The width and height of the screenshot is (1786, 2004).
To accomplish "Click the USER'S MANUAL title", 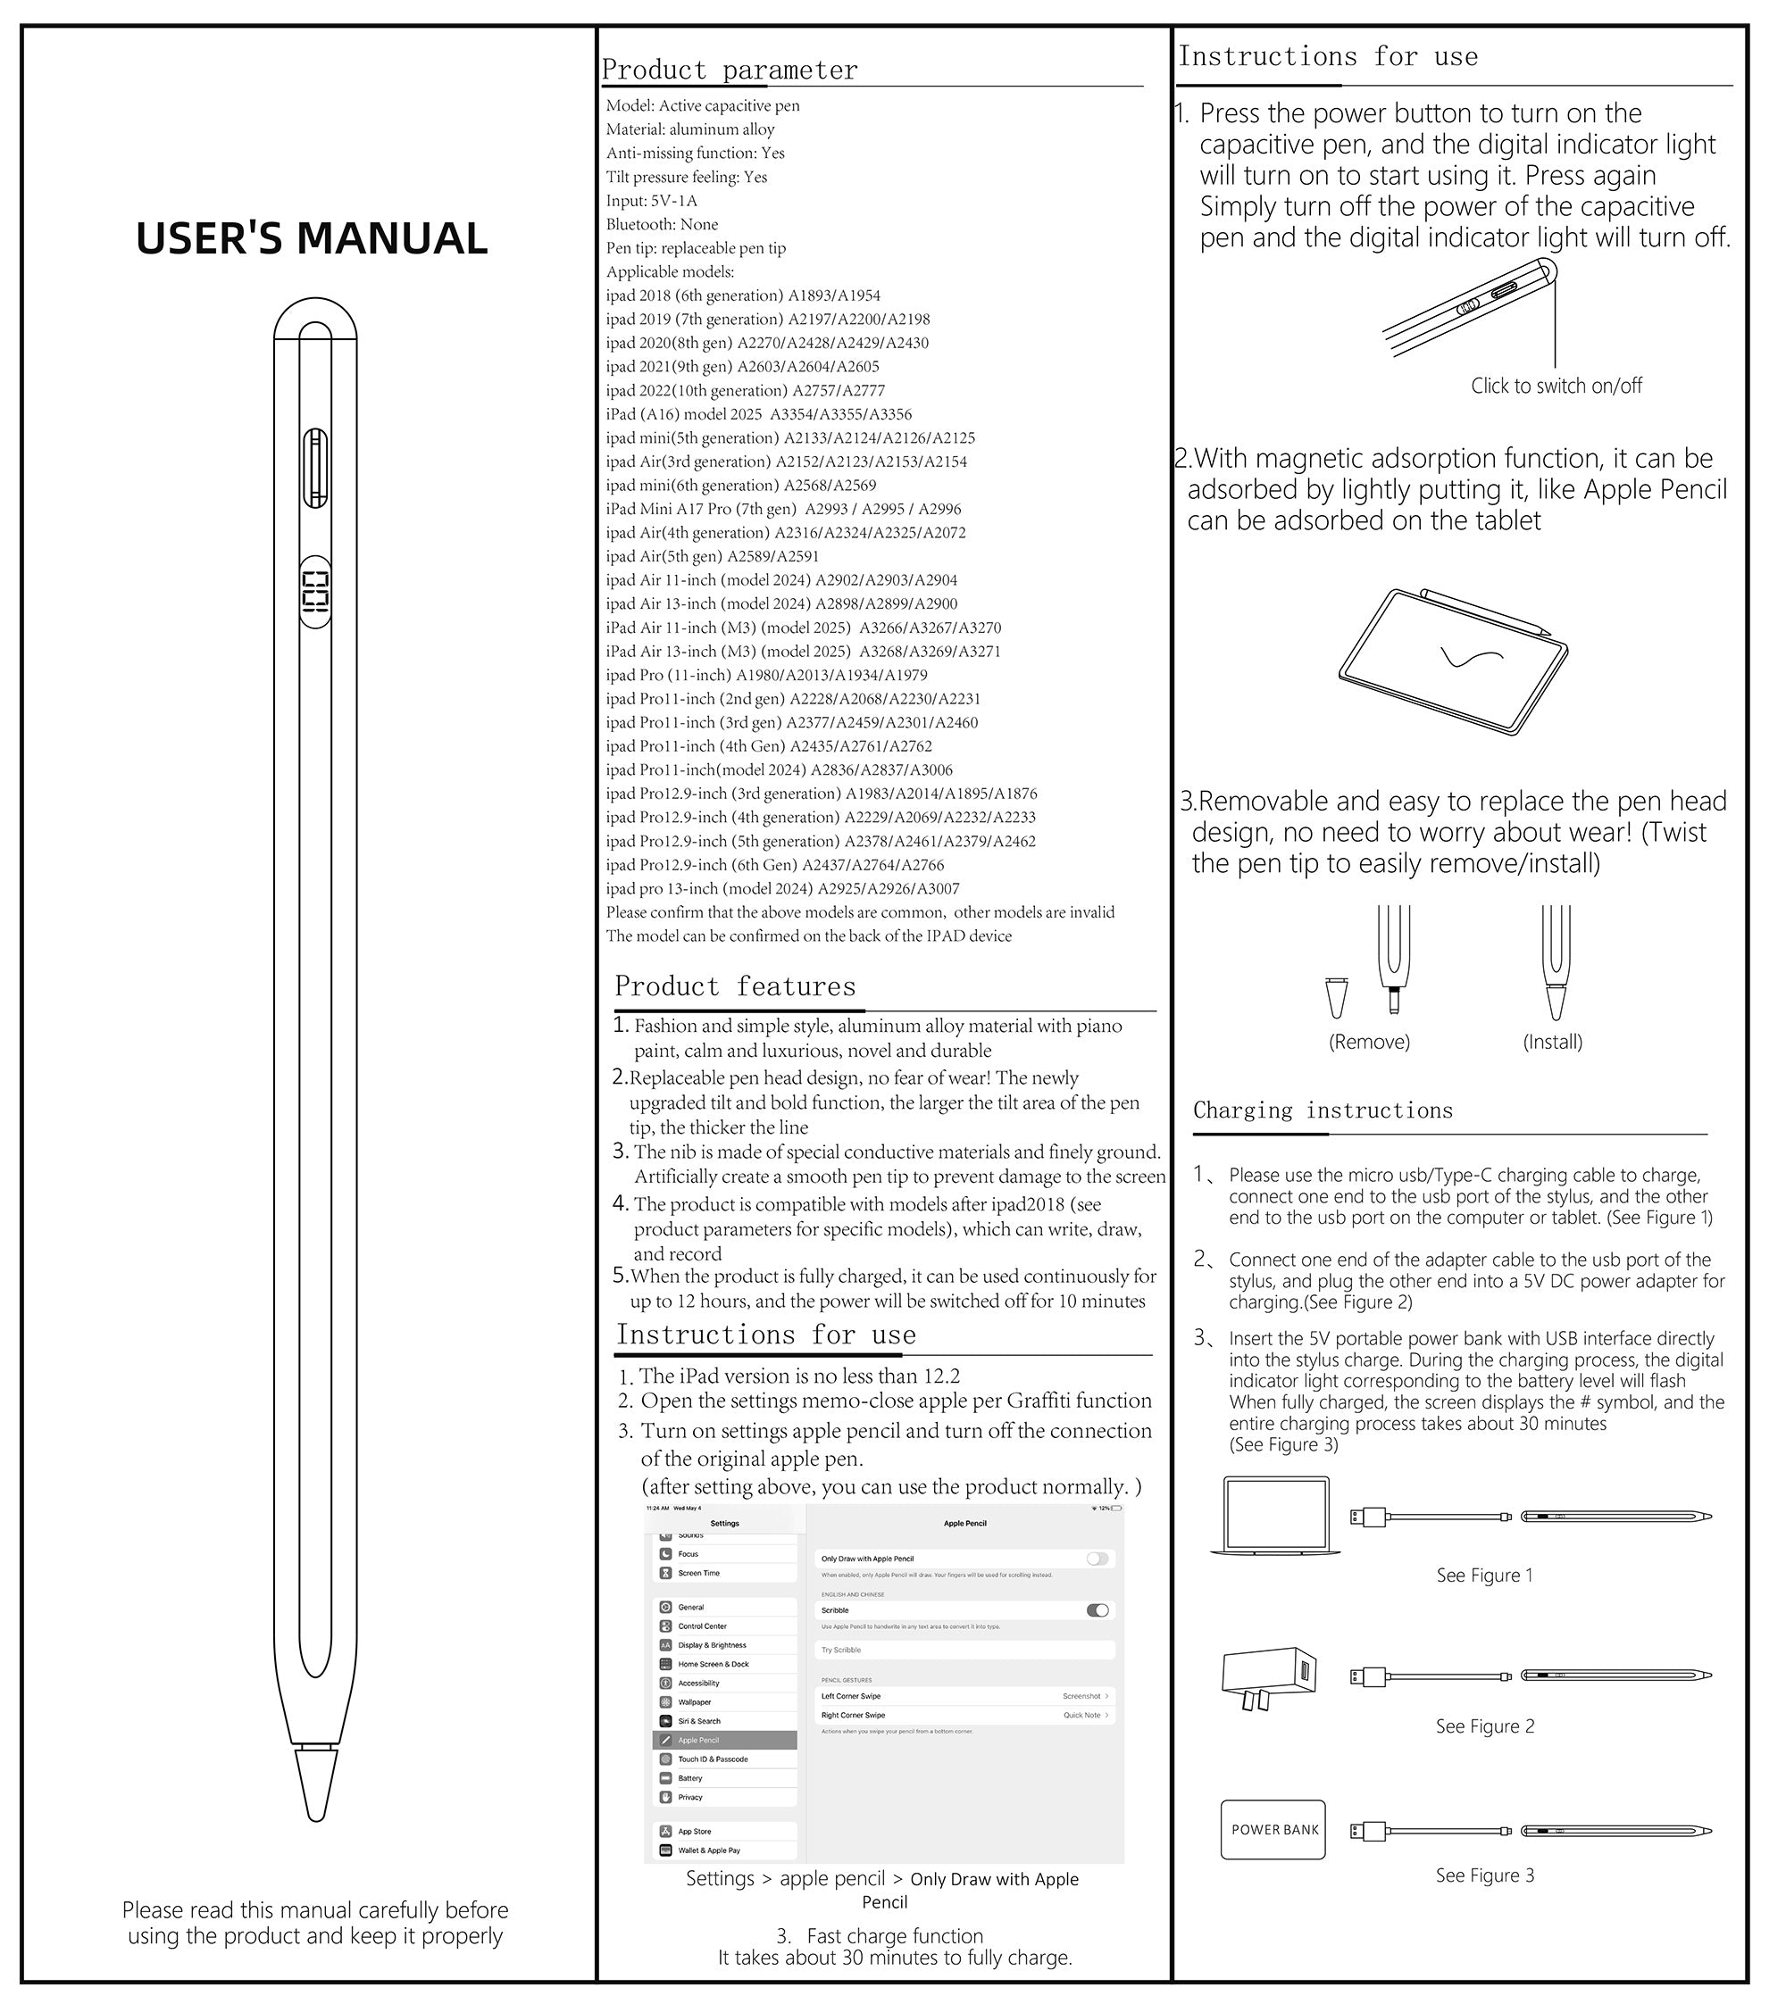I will coord(311,238).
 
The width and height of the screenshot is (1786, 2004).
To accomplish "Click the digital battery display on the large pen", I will coord(315,597).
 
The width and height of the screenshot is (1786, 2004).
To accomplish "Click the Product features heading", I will coord(735,985).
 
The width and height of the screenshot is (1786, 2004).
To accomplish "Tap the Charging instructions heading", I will coord(1322,1110).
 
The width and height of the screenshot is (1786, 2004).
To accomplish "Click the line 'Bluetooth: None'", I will coord(662,225).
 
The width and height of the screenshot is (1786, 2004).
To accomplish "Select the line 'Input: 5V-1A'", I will coord(652,201).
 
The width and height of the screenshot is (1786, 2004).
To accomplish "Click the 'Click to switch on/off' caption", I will coord(1556,386).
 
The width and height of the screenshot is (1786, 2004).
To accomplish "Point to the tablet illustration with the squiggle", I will coord(1452,662).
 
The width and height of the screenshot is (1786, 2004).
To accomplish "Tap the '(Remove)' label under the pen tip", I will coord(1369,1042).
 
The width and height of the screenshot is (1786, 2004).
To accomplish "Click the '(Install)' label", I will coord(1552,1042).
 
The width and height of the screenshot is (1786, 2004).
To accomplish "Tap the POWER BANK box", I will coord(1273,1829).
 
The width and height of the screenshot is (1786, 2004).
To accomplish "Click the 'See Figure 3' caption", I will coord(1484,1875).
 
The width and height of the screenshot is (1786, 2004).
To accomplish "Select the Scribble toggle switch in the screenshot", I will coord(1097,1609).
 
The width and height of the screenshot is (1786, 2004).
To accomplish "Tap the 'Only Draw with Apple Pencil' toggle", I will coord(1097,1559).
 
